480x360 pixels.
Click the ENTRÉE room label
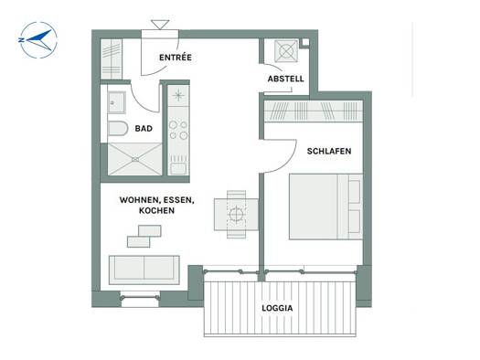coord(176,58)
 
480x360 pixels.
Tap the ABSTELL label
coord(285,79)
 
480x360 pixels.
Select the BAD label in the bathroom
coord(144,129)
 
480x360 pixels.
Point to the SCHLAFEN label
coord(329,151)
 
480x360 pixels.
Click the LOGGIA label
coord(277,308)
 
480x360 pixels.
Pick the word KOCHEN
coord(156,210)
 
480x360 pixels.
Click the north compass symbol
coord(38,40)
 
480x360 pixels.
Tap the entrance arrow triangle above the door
coord(160,25)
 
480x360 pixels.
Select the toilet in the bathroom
coord(118,129)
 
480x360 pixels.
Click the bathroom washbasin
coord(116,102)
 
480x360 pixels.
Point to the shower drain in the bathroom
coord(135,159)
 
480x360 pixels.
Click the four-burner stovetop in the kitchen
coord(178,130)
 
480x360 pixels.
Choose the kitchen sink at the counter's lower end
coord(178,168)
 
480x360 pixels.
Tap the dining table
coord(236,214)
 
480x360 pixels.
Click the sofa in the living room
coord(144,270)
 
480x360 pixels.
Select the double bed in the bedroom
coord(325,206)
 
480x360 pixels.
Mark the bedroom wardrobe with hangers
coord(314,111)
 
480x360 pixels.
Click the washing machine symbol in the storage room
coord(286,51)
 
